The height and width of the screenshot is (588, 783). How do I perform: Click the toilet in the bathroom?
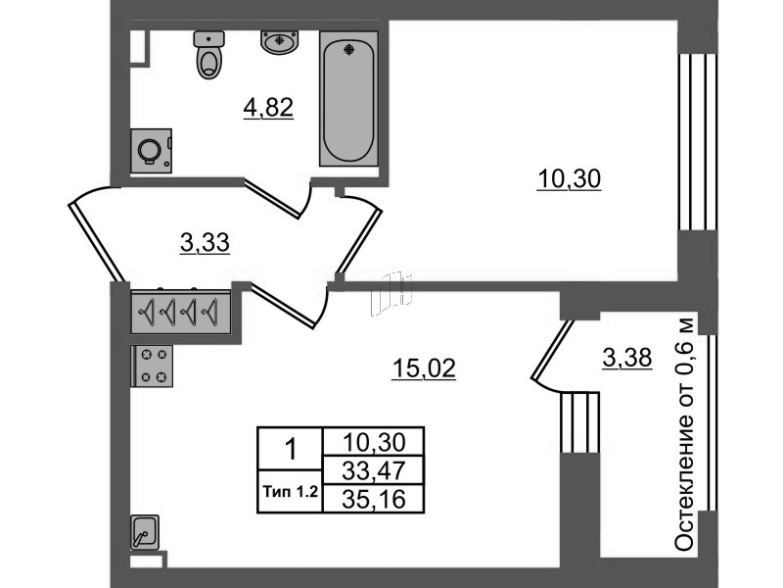click(208, 55)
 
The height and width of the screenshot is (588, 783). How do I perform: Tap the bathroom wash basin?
click(279, 41)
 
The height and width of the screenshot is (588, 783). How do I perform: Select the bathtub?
click(348, 99)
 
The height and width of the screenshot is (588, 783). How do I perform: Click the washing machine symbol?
click(152, 151)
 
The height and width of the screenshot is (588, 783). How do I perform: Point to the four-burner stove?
click(152, 366)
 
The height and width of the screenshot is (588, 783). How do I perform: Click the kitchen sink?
click(144, 533)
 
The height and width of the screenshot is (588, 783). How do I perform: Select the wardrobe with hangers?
click(181, 312)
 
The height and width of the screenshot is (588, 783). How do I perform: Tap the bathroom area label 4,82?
click(268, 108)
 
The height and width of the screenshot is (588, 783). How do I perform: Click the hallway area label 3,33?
click(205, 243)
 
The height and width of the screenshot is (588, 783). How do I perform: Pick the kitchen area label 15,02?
click(424, 368)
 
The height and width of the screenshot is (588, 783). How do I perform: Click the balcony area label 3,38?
click(627, 358)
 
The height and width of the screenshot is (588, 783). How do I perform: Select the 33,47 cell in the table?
click(374, 470)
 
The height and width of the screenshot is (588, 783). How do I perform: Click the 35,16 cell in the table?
click(374, 499)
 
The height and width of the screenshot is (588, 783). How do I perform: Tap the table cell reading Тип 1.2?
click(290, 492)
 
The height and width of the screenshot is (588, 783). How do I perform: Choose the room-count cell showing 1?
click(290, 449)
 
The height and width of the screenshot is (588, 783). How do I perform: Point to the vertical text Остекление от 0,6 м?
click(684, 433)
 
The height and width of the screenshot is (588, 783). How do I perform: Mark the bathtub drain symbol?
click(349, 49)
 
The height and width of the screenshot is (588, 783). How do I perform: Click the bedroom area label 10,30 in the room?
click(569, 179)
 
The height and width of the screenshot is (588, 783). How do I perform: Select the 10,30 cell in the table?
click(374, 442)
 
